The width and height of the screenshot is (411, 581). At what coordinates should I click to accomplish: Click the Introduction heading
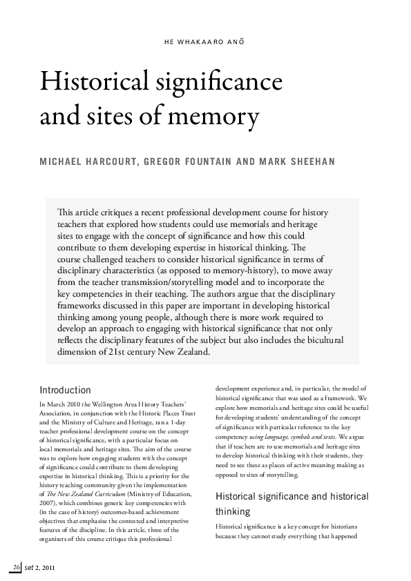point(65,391)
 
